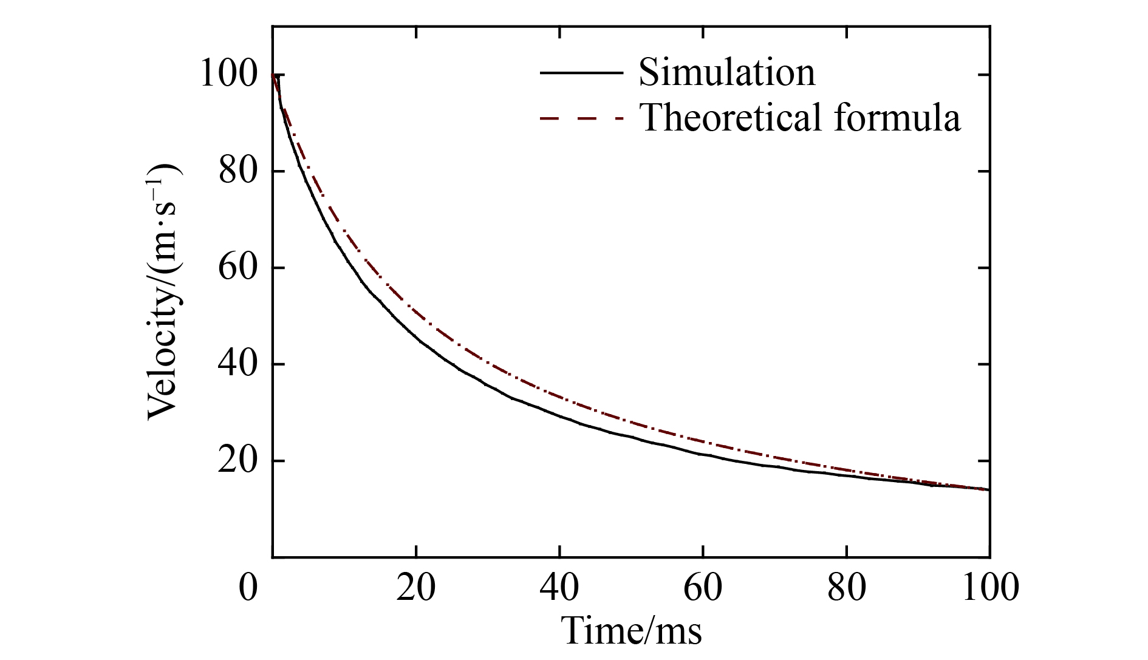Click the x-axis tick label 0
tap(248, 588)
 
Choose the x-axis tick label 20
tap(416, 588)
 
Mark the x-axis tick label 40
tap(559, 588)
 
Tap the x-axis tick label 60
tap(703, 588)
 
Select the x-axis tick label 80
tap(846, 588)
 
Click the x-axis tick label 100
tap(990, 588)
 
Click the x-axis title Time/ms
tap(632, 630)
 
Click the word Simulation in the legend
tap(726, 72)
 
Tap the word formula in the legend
tap(897, 117)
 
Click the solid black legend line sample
tap(581, 72)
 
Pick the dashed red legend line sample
tap(581, 117)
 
